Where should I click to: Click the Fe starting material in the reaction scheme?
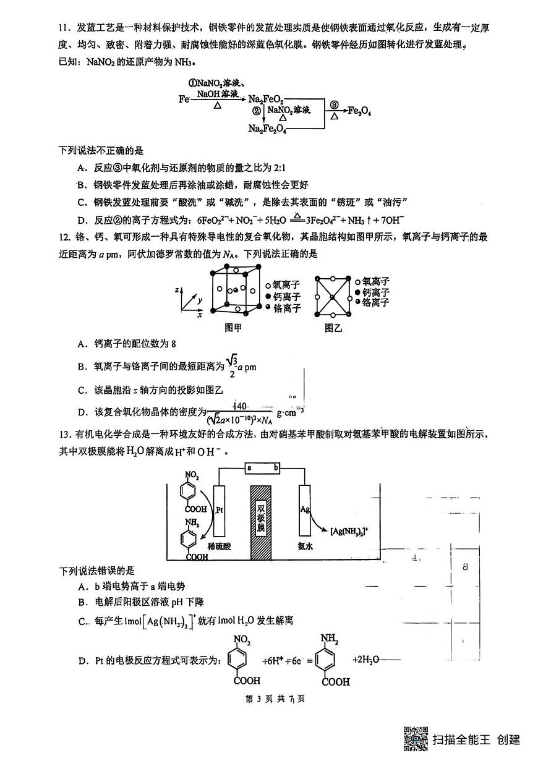(x=184, y=99)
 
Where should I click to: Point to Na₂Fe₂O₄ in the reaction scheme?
(x=267, y=129)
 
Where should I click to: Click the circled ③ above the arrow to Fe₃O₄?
(x=334, y=104)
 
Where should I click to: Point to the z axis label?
(x=177, y=288)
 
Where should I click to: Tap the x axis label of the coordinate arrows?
(x=200, y=315)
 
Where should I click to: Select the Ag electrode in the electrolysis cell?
(x=304, y=511)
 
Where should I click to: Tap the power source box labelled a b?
(x=263, y=468)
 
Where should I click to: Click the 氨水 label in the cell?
(x=305, y=546)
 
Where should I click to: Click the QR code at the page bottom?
(x=416, y=739)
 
